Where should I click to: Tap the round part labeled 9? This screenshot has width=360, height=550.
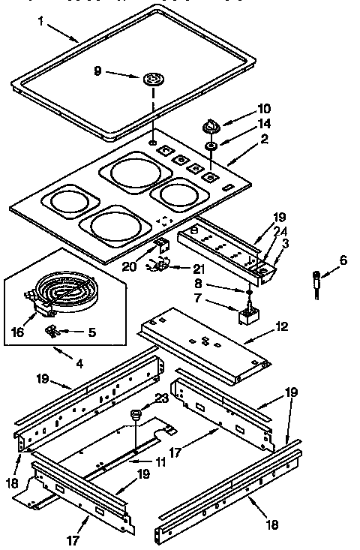153,78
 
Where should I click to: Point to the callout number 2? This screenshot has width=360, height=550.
263,140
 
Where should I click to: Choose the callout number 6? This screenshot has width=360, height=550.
343,260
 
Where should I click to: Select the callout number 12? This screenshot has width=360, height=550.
281,327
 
